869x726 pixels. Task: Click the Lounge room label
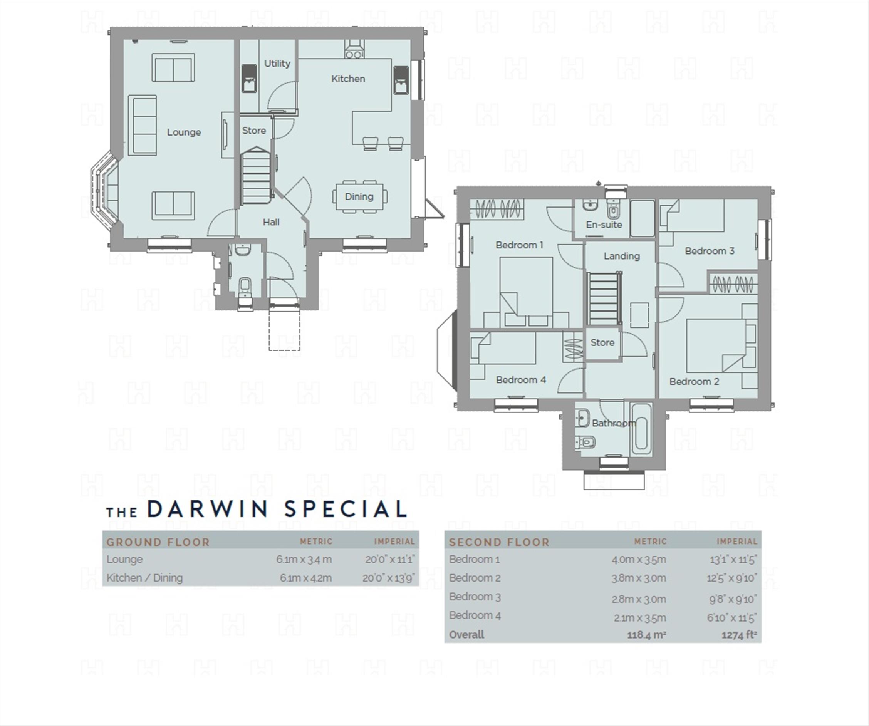184,132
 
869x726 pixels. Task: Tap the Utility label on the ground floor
277,63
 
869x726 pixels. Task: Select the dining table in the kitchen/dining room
359,196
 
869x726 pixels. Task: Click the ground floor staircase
256,175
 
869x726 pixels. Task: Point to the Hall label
271,222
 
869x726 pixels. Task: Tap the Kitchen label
348,79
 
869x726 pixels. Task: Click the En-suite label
604,225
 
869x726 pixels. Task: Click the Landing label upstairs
622,256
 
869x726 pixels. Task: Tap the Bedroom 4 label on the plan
521,379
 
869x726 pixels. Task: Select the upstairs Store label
602,342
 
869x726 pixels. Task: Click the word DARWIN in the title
207,509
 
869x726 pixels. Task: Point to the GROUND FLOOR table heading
158,542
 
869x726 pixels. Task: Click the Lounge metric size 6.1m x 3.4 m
304,560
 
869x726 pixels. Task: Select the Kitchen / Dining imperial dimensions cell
389,578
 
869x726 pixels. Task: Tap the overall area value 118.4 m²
647,635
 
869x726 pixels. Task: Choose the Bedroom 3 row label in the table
475,597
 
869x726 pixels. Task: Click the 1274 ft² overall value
739,635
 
